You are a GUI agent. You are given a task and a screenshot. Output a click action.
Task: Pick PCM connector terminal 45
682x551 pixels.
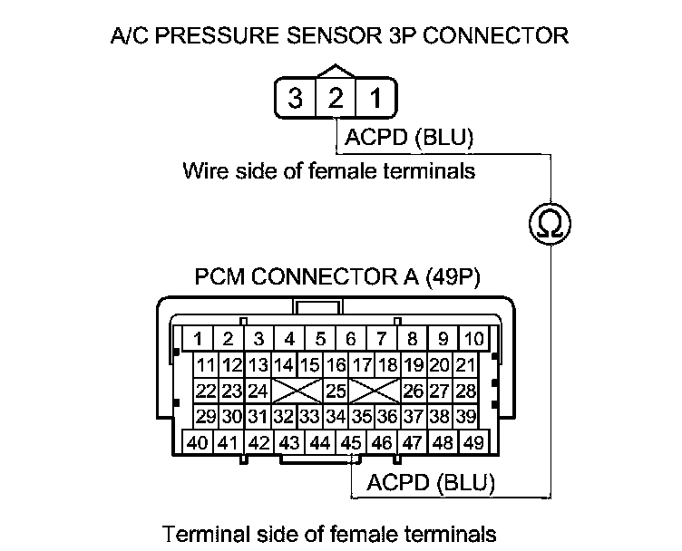point(350,443)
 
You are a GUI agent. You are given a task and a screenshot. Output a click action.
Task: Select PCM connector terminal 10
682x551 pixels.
point(474,340)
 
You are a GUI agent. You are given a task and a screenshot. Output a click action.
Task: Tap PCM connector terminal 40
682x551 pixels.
point(197,443)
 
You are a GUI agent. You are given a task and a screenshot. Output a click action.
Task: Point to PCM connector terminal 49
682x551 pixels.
point(473,443)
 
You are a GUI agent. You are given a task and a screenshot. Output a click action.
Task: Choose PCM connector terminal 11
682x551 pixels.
point(206,366)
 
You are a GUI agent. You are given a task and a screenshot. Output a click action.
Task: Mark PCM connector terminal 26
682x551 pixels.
point(414,391)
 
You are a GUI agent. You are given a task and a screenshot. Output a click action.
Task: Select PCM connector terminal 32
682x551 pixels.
point(284,418)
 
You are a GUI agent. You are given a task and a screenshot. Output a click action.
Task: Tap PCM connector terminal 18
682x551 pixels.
point(388,366)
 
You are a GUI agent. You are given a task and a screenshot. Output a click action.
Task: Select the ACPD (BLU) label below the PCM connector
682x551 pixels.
point(431,483)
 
